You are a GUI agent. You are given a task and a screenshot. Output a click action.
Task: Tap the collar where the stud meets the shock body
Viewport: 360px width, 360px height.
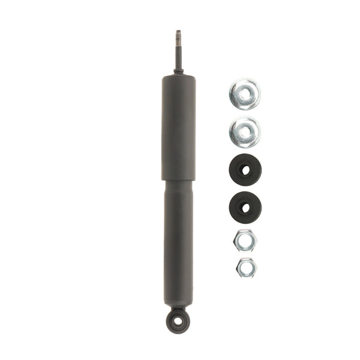point(178,71)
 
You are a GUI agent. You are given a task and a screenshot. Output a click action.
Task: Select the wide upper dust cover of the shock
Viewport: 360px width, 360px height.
point(178,126)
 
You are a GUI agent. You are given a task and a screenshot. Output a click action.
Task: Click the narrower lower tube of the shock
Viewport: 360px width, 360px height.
point(178,240)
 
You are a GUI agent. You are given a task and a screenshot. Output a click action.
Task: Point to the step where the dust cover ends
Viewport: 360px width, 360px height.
point(178,179)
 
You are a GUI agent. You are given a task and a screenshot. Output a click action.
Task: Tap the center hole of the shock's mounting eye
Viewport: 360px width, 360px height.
point(178,321)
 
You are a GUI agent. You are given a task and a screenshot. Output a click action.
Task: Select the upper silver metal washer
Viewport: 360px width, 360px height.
point(245,94)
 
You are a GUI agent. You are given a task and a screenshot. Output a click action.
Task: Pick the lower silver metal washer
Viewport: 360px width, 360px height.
point(245,132)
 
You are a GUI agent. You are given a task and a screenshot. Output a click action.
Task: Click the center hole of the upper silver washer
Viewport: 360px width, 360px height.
point(245,94)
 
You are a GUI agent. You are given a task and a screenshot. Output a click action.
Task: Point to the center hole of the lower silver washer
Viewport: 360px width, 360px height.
point(245,131)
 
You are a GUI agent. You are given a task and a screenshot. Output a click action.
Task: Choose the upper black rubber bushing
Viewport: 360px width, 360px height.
point(245,170)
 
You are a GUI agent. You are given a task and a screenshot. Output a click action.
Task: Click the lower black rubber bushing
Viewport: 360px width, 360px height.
point(245,206)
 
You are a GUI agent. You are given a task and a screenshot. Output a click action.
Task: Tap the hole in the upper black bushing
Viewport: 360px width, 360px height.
point(245,170)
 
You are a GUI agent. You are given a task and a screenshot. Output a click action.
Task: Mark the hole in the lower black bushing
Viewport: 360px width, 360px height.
point(245,207)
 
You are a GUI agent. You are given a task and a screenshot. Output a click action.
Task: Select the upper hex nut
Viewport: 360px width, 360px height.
point(245,241)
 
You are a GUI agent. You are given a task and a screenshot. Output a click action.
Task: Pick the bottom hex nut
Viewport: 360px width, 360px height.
point(244,267)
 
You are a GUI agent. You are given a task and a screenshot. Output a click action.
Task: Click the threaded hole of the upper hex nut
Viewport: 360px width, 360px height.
point(245,241)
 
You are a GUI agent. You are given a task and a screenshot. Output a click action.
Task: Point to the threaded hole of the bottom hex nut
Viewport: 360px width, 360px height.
point(244,267)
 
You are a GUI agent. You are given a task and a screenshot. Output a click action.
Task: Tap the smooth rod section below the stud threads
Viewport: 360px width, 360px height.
point(178,57)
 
